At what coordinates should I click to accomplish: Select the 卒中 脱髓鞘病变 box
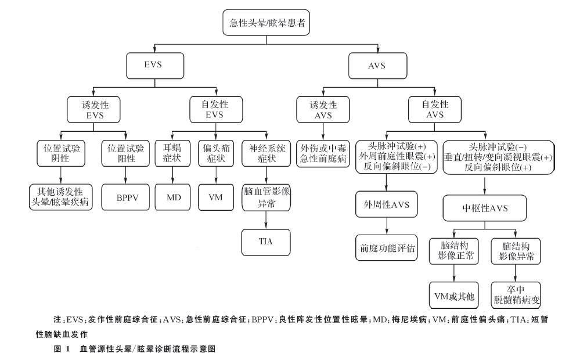pos(516,293)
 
